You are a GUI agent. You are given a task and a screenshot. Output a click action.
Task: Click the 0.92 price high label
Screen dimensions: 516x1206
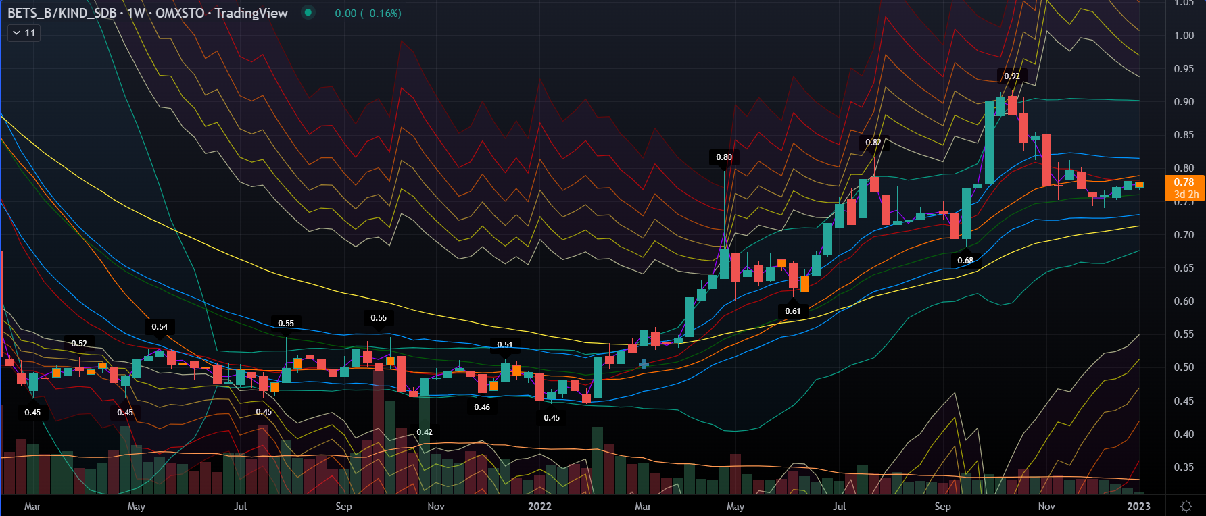tap(1011, 76)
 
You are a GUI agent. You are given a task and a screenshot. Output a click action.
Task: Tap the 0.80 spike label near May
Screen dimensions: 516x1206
tap(724, 157)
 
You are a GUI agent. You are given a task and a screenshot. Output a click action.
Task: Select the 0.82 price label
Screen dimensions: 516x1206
tap(873, 143)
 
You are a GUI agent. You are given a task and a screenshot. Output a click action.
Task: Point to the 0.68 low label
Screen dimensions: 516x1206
tap(965, 261)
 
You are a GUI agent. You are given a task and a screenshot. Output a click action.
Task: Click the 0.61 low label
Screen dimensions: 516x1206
tap(793, 311)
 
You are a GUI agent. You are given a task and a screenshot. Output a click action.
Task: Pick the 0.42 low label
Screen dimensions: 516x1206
tap(425, 432)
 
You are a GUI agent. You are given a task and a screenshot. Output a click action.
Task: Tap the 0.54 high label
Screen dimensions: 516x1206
tap(160, 327)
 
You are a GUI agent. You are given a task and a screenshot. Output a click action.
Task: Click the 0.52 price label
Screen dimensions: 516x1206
tap(79, 344)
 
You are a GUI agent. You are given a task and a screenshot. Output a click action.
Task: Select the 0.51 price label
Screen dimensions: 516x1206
tap(505, 345)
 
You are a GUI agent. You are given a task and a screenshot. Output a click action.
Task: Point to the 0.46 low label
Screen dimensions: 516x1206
tap(482, 407)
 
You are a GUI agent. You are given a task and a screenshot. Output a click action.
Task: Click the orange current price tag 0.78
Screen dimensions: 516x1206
tap(1184, 182)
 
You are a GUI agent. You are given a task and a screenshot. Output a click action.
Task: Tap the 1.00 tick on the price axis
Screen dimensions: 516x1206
tap(1184, 36)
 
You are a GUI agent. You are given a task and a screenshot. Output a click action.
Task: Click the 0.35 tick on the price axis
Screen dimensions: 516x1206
tap(1184, 467)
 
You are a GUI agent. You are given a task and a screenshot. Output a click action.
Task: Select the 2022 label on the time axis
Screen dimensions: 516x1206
tap(539, 506)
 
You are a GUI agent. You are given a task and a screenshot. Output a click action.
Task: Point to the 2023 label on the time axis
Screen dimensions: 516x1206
tap(1138, 506)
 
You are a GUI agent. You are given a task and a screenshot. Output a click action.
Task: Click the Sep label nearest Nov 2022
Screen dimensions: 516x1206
tap(942, 506)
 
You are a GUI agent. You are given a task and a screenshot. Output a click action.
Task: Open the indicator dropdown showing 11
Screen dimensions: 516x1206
tap(24, 33)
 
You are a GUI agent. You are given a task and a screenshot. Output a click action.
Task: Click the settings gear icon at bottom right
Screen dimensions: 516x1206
tap(1186, 506)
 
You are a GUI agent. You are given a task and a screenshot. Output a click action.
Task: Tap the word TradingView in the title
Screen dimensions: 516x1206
tap(251, 13)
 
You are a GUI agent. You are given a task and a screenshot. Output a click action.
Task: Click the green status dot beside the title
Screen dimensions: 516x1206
tap(308, 12)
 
